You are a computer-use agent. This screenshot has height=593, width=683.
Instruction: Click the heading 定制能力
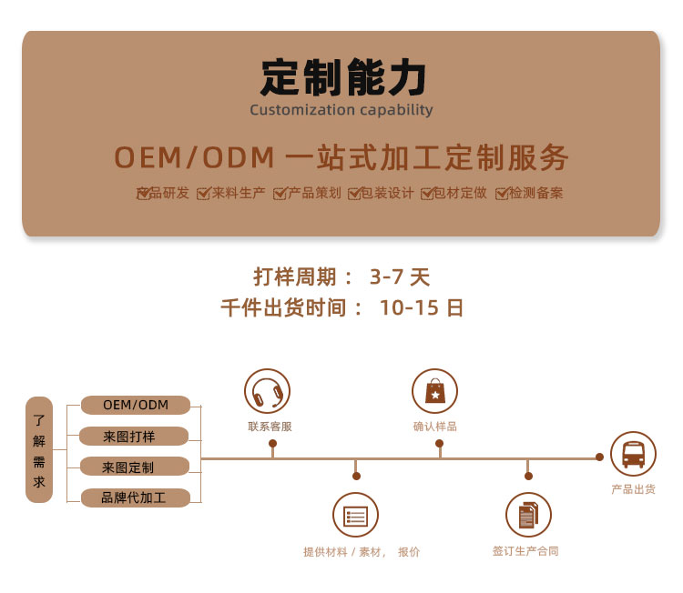coord(342,77)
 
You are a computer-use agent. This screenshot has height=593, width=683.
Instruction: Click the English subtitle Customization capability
coord(341,110)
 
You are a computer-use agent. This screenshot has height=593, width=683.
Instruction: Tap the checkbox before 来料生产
coord(203,194)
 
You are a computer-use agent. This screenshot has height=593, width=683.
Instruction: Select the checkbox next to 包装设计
coord(354,194)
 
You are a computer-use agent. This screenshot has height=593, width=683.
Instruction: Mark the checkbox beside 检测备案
coord(502,194)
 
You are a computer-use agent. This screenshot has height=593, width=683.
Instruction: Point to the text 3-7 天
coord(400,276)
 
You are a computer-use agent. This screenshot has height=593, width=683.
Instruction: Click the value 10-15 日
coord(422,307)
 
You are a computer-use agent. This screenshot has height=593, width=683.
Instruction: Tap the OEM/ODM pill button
coord(136,405)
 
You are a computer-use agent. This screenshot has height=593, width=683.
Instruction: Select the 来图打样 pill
coord(134,436)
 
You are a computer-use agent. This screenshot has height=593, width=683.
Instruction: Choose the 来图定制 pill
coord(135,467)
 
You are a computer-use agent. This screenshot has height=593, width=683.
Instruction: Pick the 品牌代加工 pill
coord(136,498)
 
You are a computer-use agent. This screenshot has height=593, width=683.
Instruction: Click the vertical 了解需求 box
coord(39,450)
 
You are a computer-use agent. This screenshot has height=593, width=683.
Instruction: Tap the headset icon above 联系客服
coord(267,392)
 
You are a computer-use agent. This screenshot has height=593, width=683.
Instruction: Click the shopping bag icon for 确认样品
coord(434,391)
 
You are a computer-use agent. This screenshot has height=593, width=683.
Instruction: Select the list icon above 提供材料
coord(355,516)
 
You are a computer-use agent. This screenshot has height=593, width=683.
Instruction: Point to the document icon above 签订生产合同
coord(528,515)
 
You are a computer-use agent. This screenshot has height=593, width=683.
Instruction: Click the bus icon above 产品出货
coord(633,454)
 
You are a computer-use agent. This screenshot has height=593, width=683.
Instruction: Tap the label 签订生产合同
coord(525,551)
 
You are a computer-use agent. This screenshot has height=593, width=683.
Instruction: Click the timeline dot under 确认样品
coord(440,443)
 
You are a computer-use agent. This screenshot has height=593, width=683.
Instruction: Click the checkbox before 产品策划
coord(280,194)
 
